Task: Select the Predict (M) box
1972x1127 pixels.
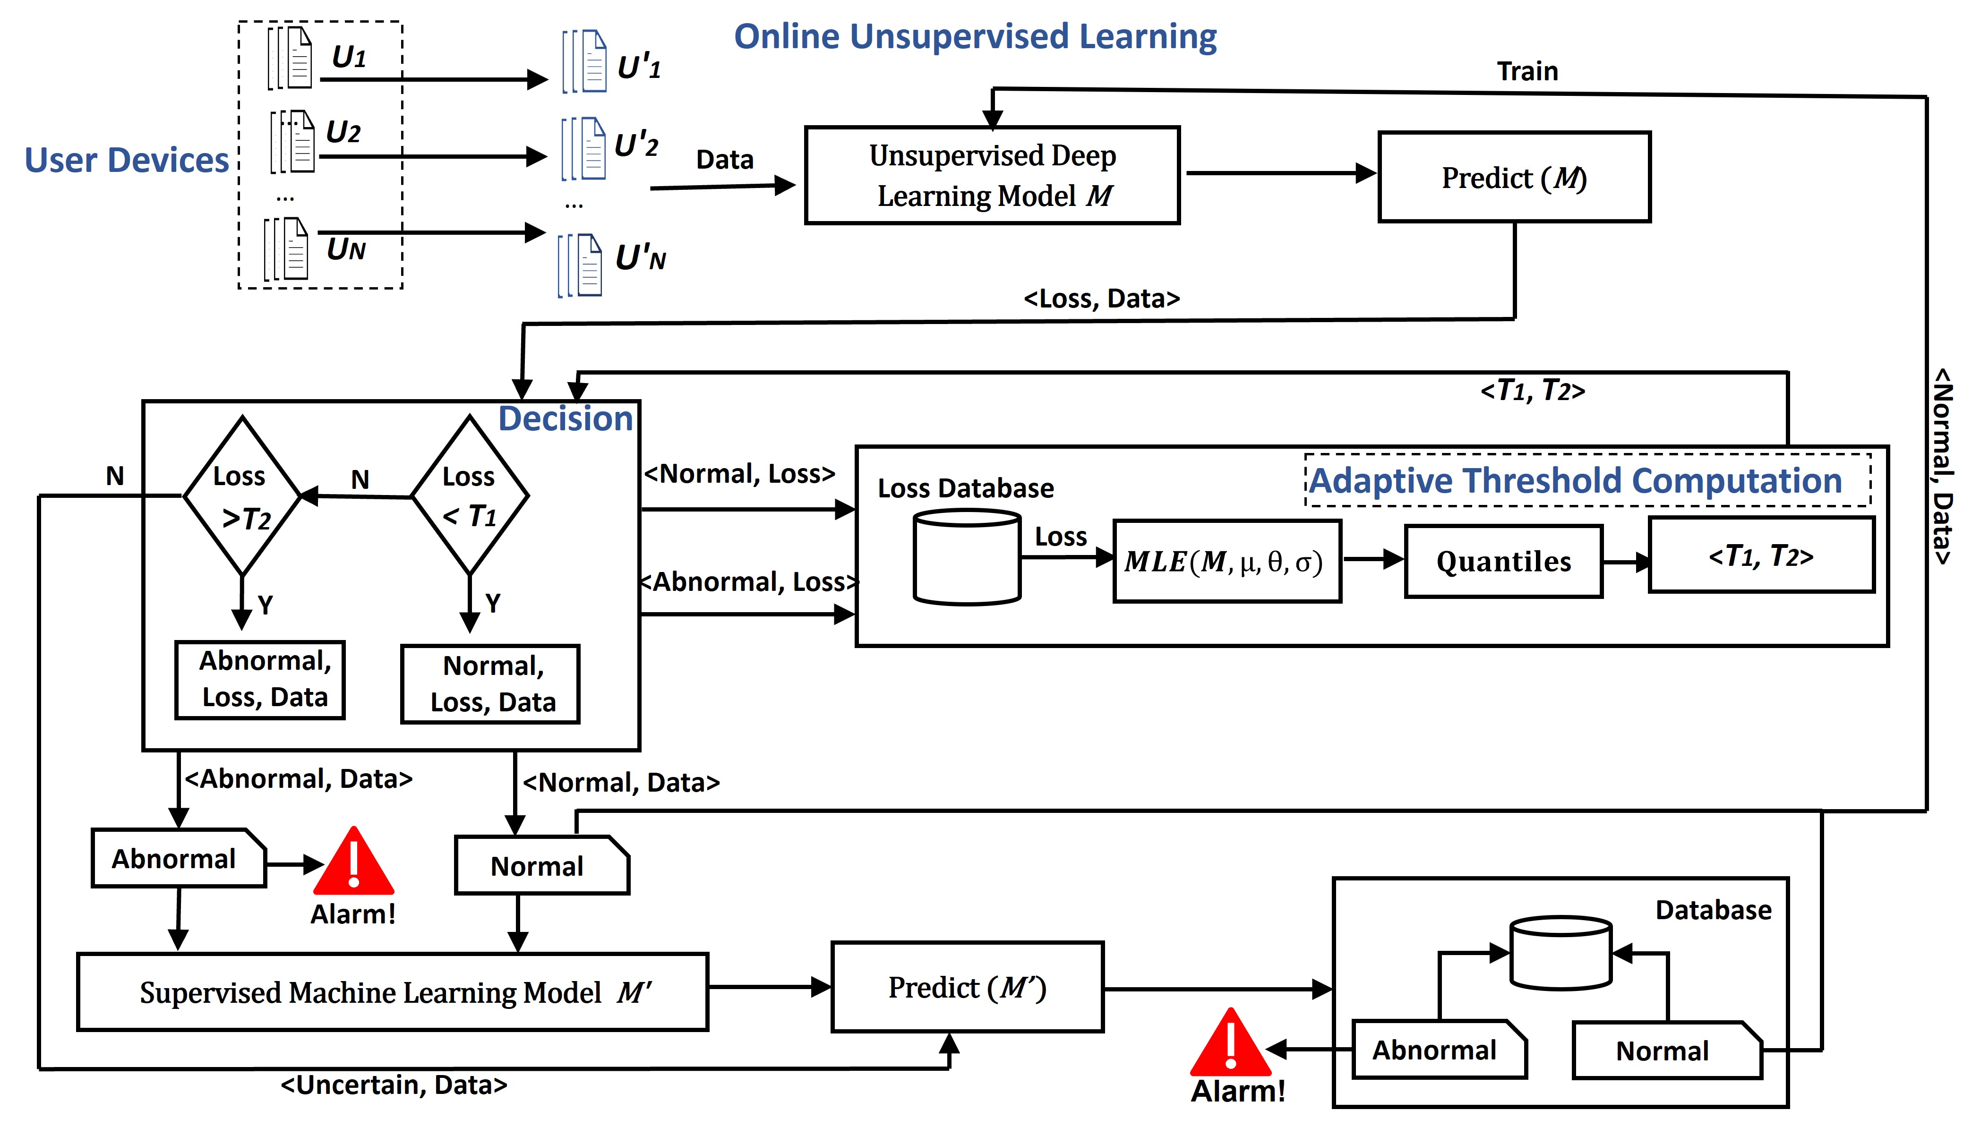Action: (1514, 177)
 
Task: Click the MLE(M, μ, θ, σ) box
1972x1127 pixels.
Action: (1226, 561)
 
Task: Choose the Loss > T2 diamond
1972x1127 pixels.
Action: (242, 496)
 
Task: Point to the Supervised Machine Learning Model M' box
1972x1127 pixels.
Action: (393, 991)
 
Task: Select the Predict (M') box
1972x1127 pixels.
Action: (967, 987)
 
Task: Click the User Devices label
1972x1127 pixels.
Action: (127, 160)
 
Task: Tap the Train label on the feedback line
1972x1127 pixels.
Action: (1527, 71)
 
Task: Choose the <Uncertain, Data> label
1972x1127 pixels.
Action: (394, 1085)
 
